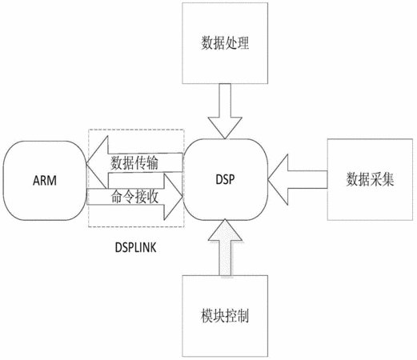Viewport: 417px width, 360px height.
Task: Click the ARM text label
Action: click(45, 181)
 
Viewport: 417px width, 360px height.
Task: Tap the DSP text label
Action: click(225, 179)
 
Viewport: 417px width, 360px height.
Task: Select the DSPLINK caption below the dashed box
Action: click(135, 247)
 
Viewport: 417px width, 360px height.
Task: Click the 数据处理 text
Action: click(225, 43)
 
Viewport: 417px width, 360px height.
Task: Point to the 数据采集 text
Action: click(370, 179)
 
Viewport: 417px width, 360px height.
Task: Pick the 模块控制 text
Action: click(225, 316)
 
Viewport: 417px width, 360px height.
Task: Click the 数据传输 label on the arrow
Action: click(134, 163)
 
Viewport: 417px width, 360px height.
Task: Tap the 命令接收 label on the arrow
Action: click(134, 197)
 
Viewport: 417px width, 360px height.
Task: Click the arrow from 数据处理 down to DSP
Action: click(225, 111)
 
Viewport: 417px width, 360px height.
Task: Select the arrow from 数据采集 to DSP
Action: click(298, 179)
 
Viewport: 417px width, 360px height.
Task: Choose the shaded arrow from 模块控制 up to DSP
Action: click(225, 247)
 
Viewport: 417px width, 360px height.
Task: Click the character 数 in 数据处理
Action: click(207, 43)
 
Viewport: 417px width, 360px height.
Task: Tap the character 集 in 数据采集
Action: click(388, 179)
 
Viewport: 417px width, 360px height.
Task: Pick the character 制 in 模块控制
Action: click(243, 316)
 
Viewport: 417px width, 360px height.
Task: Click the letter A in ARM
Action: click(36, 181)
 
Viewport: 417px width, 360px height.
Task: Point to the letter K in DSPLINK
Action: click(153, 247)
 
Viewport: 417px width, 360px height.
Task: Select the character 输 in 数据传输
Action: click(153, 163)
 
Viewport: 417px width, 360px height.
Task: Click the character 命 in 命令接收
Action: click(117, 197)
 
